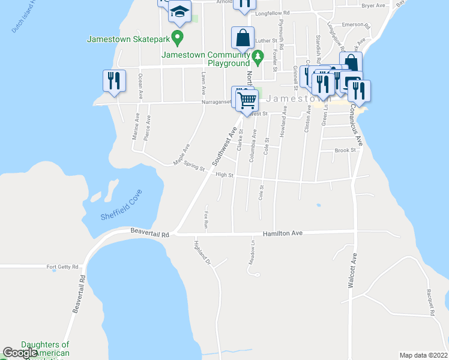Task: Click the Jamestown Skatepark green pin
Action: pyautogui.click(x=177, y=38)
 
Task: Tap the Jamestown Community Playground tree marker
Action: pyautogui.click(x=258, y=58)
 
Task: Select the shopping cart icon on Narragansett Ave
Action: pyautogui.click(x=246, y=100)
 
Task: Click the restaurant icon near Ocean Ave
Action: pyautogui.click(x=114, y=81)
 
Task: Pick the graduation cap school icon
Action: pyautogui.click(x=179, y=11)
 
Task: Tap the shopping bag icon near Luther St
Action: pyautogui.click(x=242, y=39)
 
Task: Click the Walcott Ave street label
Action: pyautogui.click(x=354, y=272)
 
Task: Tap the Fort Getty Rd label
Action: pyautogui.click(x=64, y=267)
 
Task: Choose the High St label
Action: pyautogui.click(x=224, y=175)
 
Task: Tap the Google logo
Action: pyautogui.click(x=20, y=353)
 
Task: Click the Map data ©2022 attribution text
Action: pyautogui.click(x=423, y=355)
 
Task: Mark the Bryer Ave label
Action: pyautogui.click(x=373, y=5)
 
